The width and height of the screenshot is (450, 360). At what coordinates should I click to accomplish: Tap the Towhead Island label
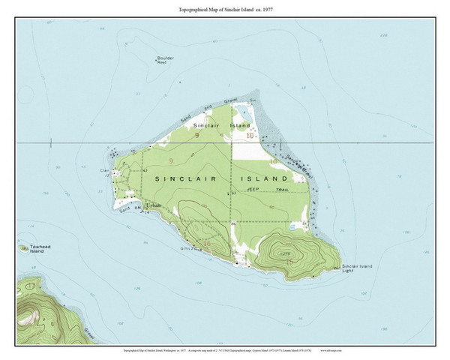pyautogui.click(x=31, y=249)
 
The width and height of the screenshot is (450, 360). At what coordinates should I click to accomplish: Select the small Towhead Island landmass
pyautogui.click(x=22, y=244)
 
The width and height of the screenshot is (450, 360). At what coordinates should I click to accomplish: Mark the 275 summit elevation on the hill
pyautogui.click(x=285, y=256)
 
